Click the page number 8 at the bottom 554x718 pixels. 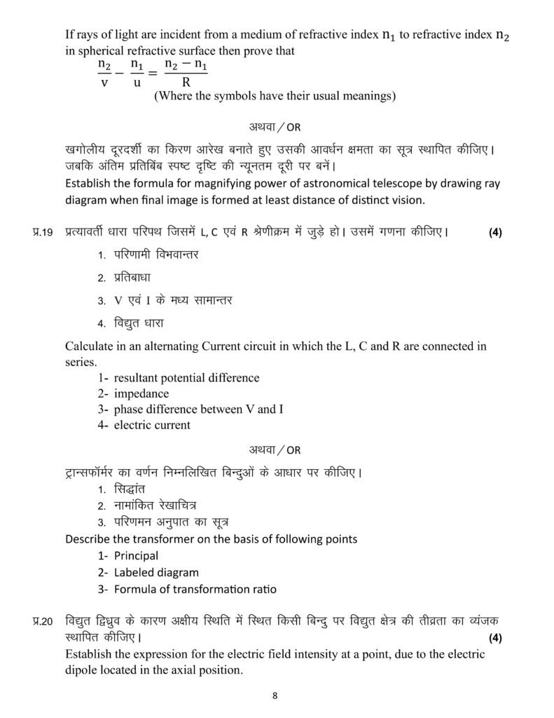coord(275,696)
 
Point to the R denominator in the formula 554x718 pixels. coord(186,81)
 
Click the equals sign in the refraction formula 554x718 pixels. coord(153,73)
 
